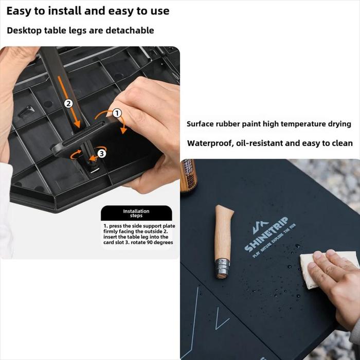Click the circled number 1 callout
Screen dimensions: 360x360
click(x=117, y=113)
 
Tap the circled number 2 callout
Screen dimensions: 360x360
click(x=68, y=104)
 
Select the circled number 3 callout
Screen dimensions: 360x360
click(x=102, y=153)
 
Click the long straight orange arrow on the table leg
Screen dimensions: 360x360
click(x=69, y=102)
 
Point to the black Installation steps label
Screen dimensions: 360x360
click(x=136, y=213)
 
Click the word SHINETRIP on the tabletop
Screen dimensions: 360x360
click(x=266, y=234)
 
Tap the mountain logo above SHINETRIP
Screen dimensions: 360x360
click(x=260, y=227)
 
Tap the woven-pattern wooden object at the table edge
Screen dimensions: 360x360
click(x=188, y=176)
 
